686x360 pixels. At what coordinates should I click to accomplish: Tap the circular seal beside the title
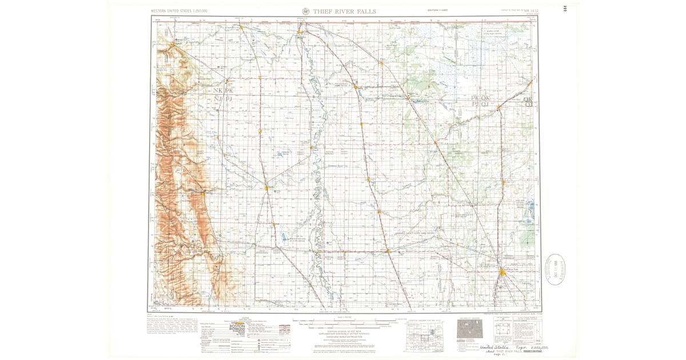(306, 11)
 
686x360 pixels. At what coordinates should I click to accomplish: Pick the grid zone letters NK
(217, 91)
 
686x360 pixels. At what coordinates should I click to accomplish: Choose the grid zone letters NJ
(217, 99)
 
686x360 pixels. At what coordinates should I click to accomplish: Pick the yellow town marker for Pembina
(301, 31)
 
